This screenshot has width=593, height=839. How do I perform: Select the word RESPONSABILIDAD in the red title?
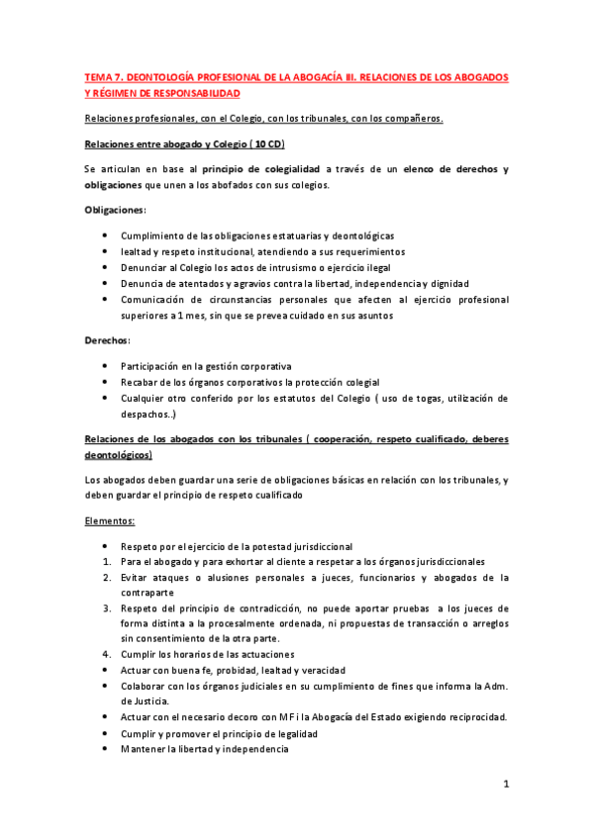pos(188,92)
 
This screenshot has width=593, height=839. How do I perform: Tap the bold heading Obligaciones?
pos(116,210)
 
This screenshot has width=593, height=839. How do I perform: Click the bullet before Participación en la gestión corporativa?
pos(106,366)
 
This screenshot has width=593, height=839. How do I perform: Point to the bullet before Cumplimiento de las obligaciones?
pos(106,235)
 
